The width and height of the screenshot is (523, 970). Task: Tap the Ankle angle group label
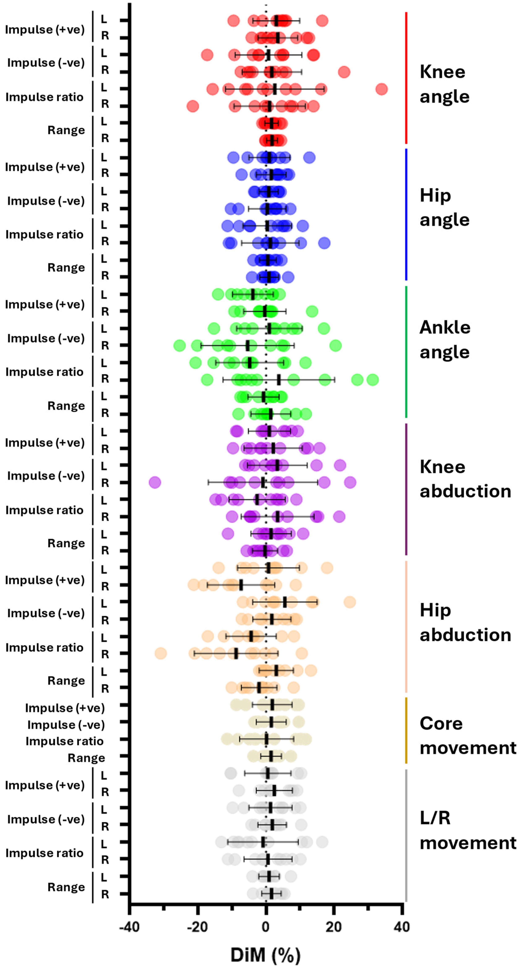coord(445,340)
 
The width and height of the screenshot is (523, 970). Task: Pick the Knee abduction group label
coord(465,479)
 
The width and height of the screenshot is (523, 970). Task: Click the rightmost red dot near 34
coord(382,89)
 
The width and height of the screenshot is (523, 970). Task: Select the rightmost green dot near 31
coord(372,380)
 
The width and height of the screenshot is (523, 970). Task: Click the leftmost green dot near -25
coord(179,345)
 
